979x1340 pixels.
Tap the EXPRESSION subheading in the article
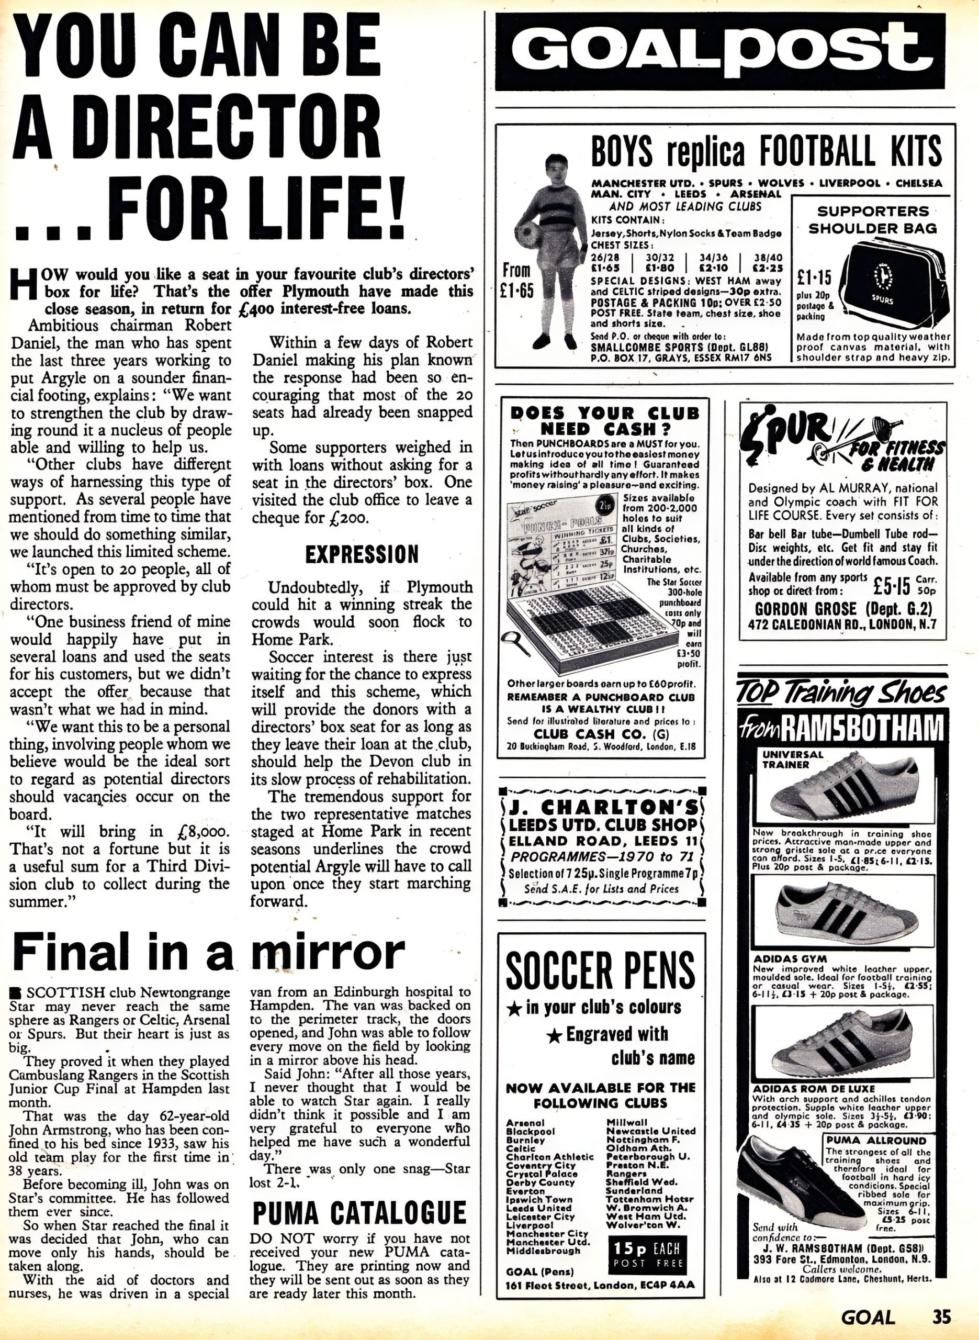(x=362, y=554)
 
